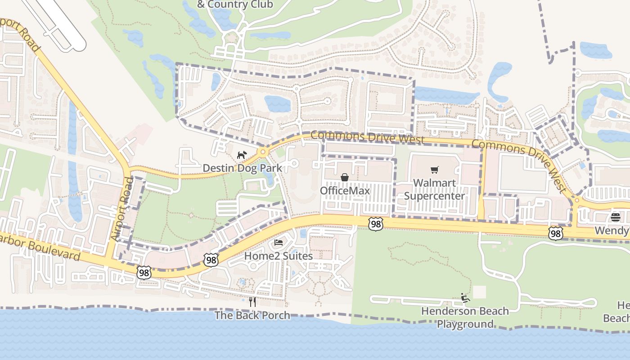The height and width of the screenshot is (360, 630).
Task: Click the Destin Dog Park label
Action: [x=242, y=168]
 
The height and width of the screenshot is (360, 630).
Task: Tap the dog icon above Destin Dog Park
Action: [x=242, y=155]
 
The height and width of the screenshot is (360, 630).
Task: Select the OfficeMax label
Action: [x=345, y=191]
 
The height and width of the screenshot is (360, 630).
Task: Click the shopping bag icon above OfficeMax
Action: [x=345, y=177]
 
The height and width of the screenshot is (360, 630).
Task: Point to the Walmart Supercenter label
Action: [x=434, y=189]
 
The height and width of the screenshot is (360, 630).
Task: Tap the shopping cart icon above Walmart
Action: [x=434, y=170]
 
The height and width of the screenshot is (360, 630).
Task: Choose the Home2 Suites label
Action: [x=278, y=256]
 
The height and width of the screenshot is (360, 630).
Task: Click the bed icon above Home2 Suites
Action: [x=279, y=243]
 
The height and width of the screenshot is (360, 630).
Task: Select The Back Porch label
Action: [x=252, y=315]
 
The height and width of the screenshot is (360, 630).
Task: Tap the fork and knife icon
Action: [x=252, y=301]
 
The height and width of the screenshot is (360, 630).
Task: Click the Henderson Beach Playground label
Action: [x=465, y=317]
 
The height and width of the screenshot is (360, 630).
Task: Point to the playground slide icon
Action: [x=465, y=298]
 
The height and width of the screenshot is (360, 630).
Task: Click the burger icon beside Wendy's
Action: [x=616, y=218]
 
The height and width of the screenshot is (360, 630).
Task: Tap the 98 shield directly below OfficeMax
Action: [x=375, y=224]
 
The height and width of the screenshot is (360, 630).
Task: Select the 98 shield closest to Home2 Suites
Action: [x=211, y=259]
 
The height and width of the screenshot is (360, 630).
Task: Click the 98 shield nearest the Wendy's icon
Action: [x=556, y=233]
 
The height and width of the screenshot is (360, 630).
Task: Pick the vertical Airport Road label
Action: [x=122, y=209]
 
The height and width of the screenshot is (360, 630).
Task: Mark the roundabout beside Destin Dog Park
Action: [x=263, y=152]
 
